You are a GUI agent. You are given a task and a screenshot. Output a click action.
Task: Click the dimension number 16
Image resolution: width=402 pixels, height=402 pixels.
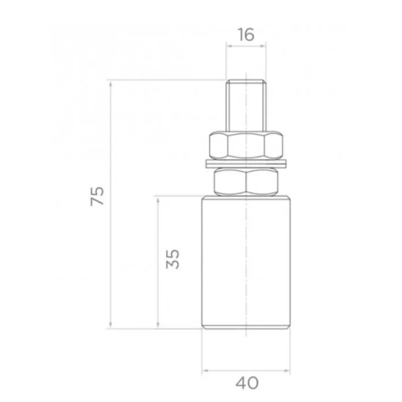[x=246, y=35]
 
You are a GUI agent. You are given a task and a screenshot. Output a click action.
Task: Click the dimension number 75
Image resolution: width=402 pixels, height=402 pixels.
[x=97, y=196]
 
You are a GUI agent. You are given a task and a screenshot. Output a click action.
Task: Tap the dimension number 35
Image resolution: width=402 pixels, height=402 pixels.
[x=173, y=259]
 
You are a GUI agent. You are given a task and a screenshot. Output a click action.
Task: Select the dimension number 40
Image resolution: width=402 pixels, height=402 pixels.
[x=247, y=383]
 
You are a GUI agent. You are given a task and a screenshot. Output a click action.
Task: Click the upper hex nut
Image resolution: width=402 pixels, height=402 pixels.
[x=246, y=145]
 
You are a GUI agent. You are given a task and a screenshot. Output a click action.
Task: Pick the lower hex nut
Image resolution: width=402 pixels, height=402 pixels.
[x=246, y=182]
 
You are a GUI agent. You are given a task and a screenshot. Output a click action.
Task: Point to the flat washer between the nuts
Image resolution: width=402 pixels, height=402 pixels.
[x=246, y=164]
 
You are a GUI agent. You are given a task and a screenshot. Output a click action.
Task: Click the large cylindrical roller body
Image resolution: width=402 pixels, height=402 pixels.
[x=246, y=262]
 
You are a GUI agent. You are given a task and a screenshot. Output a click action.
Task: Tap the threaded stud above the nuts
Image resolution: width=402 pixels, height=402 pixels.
[x=246, y=106]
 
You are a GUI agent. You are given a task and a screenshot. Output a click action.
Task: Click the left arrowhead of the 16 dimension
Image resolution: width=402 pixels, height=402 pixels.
[x=229, y=46]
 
